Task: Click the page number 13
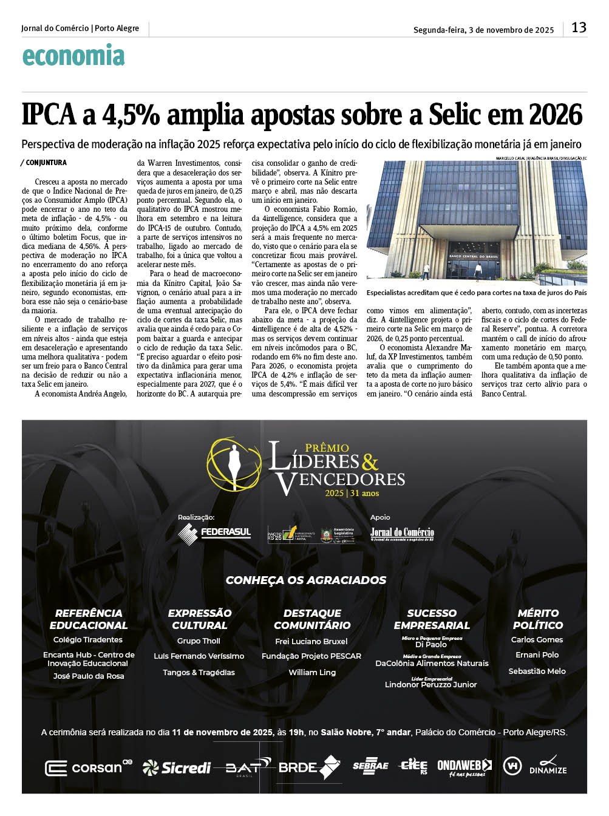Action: tap(579, 27)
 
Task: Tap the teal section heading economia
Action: tap(73, 56)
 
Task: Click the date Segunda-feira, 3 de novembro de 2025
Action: tap(483, 30)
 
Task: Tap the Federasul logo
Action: tap(214, 532)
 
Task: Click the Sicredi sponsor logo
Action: tap(177, 768)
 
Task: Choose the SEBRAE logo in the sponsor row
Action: tap(370, 766)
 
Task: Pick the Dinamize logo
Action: tap(548, 766)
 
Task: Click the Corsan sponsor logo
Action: tap(89, 767)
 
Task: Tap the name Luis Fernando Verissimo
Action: tap(199, 656)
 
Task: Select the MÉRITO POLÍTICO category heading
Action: tap(538, 619)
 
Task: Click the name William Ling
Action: tap(312, 673)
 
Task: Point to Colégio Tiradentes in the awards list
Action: tap(88, 640)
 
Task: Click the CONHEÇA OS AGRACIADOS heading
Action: tap(305, 580)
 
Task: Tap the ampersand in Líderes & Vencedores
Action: tap(370, 463)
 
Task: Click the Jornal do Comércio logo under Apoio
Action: tap(402, 534)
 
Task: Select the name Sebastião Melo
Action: tap(537, 671)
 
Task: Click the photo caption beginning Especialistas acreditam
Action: tap(477, 293)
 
